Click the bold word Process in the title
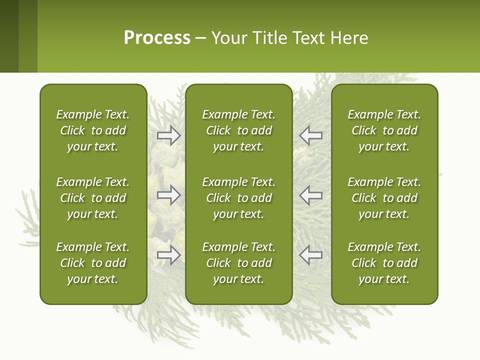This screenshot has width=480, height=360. click(x=157, y=38)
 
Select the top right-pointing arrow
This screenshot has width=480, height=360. click(x=169, y=135)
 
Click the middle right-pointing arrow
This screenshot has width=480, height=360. click(x=169, y=195)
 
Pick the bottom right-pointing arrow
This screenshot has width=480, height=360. click(x=169, y=254)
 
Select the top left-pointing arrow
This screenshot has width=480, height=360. click(x=310, y=135)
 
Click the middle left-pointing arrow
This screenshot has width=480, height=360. click(x=310, y=195)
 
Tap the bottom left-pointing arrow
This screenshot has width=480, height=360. click(x=310, y=254)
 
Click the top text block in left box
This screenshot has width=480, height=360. click(x=93, y=130)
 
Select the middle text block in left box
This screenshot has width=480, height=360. click(x=93, y=198)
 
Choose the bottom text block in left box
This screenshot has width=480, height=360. click(x=93, y=263)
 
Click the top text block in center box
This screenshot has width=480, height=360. click(x=238, y=130)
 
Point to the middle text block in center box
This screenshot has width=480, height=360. click(x=238, y=198)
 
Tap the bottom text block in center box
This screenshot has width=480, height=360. click(x=238, y=263)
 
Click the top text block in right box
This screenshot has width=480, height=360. click(x=384, y=130)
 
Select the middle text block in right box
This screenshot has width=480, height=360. click(x=384, y=198)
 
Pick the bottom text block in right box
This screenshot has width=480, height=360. click(x=384, y=263)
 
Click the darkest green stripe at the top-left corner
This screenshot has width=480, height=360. click(x=9, y=36)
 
